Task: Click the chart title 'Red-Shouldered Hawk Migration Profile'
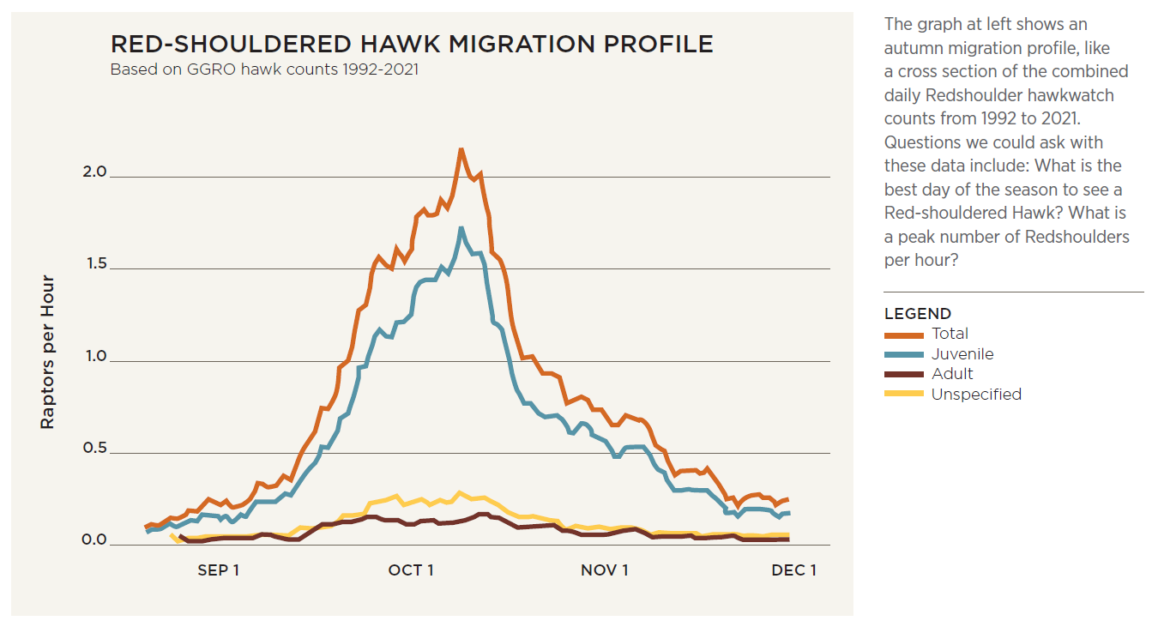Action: [412, 45]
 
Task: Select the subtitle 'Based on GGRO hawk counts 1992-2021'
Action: [264, 69]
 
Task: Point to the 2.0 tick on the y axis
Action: [95, 172]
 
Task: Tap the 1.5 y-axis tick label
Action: [95, 264]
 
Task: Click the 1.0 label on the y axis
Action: [95, 356]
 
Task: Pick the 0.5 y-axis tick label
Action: [95, 449]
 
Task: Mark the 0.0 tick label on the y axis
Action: [95, 540]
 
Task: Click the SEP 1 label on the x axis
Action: [219, 570]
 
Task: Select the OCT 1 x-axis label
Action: [411, 570]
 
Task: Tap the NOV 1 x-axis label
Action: [605, 570]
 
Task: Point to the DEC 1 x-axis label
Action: [794, 570]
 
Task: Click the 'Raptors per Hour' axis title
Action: [48, 352]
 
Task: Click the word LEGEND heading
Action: [918, 314]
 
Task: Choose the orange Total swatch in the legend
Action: [905, 335]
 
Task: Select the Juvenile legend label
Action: [962, 354]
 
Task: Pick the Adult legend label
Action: [952, 374]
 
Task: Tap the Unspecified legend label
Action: [976, 395]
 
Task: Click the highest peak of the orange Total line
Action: [461, 149]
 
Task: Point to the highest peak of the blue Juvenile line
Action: [461, 228]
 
